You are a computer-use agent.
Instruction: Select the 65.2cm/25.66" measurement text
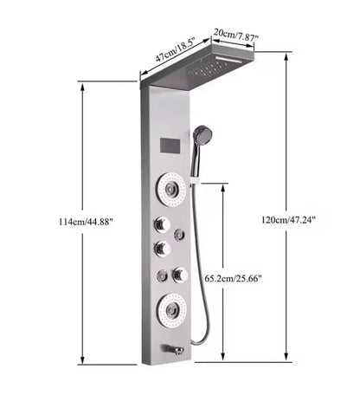234,279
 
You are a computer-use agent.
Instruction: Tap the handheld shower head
202,135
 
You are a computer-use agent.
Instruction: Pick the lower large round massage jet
170,307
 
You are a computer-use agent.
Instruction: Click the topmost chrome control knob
161,223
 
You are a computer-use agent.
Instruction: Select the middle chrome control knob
162,249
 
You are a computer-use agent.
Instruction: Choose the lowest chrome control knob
178,275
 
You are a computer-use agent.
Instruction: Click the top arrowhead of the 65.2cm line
223,185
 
